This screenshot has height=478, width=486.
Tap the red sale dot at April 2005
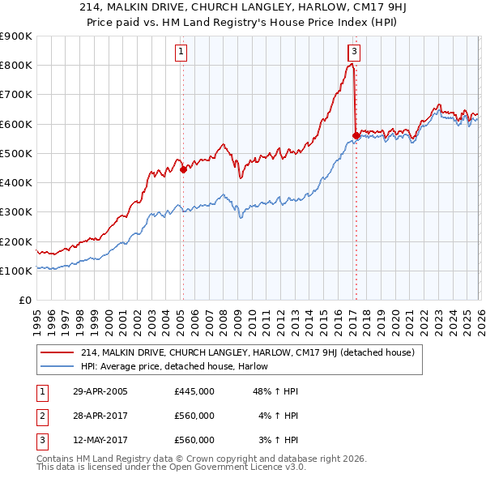pyautogui.click(x=183, y=169)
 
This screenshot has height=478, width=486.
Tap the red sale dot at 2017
pyautogui.click(x=356, y=135)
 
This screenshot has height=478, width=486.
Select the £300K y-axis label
pyautogui.click(x=16, y=212)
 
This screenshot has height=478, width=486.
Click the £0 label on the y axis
pyautogui.click(x=24, y=301)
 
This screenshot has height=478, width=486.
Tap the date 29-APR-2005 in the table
pyautogui.click(x=100, y=391)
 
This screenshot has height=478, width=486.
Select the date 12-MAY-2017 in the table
pyautogui.click(x=100, y=440)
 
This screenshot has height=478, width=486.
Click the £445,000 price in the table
pyautogui.click(x=194, y=391)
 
